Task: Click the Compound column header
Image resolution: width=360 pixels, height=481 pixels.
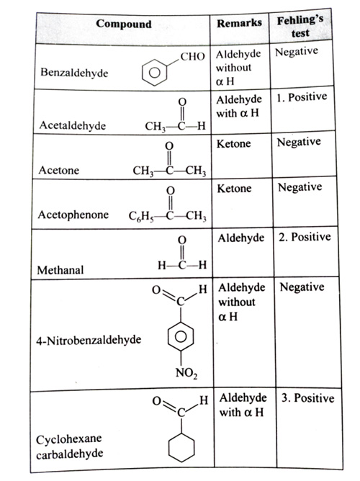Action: (124, 24)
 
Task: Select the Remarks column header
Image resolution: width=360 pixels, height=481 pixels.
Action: (240, 23)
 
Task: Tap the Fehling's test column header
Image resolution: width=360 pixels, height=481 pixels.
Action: (300, 27)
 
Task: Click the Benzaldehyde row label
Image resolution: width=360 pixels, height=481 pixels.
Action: (74, 73)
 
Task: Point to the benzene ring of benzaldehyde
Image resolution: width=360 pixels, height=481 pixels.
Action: (155, 72)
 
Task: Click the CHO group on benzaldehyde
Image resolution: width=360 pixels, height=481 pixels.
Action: (192, 56)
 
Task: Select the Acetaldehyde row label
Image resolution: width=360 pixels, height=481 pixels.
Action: (73, 125)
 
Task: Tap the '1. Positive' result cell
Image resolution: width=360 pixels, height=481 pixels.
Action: (302, 97)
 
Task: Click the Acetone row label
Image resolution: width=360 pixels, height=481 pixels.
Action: (59, 170)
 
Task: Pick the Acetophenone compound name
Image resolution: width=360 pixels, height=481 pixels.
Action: (73, 215)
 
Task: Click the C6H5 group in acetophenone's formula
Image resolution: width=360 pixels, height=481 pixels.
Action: (140, 216)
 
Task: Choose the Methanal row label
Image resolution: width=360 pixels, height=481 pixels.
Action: (60, 270)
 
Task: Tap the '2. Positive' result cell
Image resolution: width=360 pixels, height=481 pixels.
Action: (305, 237)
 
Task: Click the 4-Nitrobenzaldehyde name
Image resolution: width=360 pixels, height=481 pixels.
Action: (89, 340)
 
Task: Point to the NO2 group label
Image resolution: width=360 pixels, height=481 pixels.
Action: (186, 373)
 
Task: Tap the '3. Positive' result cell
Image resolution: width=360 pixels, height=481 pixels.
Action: (308, 398)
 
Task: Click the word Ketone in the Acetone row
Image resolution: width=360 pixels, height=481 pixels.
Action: (234, 143)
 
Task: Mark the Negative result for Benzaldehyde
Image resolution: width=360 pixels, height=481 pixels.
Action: (297, 52)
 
